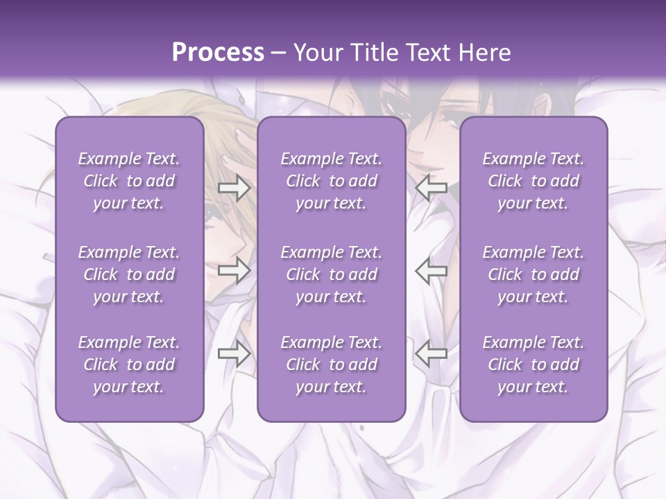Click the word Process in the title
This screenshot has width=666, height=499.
pyautogui.click(x=218, y=53)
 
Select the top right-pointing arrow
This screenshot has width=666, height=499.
pyautogui.click(x=234, y=188)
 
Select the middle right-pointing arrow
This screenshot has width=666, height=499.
pyautogui.click(x=234, y=271)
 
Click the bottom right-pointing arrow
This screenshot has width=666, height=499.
pyautogui.click(x=234, y=354)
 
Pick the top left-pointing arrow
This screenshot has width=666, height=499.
pyautogui.click(x=431, y=188)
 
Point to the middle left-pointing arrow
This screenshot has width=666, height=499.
pyautogui.click(x=431, y=271)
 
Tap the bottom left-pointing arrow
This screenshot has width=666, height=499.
pyautogui.click(x=431, y=354)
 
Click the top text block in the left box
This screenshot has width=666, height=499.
pyautogui.click(x=129, y=181)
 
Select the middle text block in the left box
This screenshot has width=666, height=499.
pyautogui.click(x=129, y=274)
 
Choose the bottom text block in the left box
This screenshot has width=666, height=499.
pyautogui.click(x=129, y=365)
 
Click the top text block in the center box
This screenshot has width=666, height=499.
pyautogui.click(x=332, y=181)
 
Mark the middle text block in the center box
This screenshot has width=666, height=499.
pyautogui.click(x=332, y=274)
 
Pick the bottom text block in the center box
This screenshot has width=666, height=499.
pyautogui.click(x=332, y=365)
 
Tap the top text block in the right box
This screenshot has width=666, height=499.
pyautogui.click(x=533, y=181)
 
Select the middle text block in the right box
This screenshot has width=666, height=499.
pyautogui.click(x=533, y=274)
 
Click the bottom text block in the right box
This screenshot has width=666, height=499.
pyautogui.click(x=533, y=365)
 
